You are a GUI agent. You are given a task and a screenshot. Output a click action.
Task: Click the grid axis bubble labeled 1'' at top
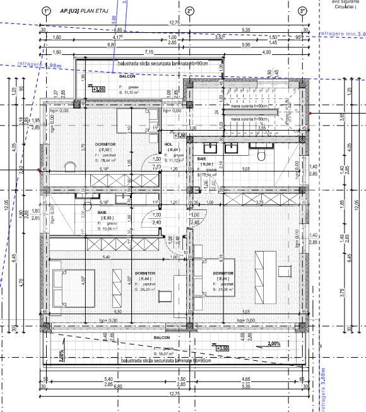[x=45, y=11]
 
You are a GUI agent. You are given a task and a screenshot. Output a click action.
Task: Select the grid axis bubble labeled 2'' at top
[x=190, y=11]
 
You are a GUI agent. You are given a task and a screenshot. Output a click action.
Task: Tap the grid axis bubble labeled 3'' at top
[x=302, y=11]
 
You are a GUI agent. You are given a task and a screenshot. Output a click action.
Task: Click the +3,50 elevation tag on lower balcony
[x=221, y=348]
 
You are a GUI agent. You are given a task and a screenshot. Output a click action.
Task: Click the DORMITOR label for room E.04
[x=146, y=273]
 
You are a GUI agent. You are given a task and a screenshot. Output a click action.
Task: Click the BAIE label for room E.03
[x=102, y=213]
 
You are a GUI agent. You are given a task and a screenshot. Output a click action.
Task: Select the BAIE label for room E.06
[x=201, y=158]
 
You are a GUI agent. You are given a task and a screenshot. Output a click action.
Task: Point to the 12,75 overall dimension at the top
[x=173, y=23]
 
